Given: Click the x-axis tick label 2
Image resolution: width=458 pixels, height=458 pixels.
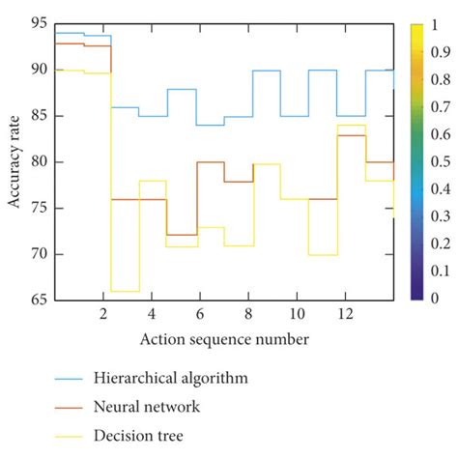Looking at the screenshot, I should tap(103, 314).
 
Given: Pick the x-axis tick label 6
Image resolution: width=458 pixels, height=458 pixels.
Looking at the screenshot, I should tap(199, 314).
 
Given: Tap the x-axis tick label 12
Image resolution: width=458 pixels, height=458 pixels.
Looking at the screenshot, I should tap(343, 314).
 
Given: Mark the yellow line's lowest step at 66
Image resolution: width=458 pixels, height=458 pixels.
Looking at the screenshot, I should tap(125, 291).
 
